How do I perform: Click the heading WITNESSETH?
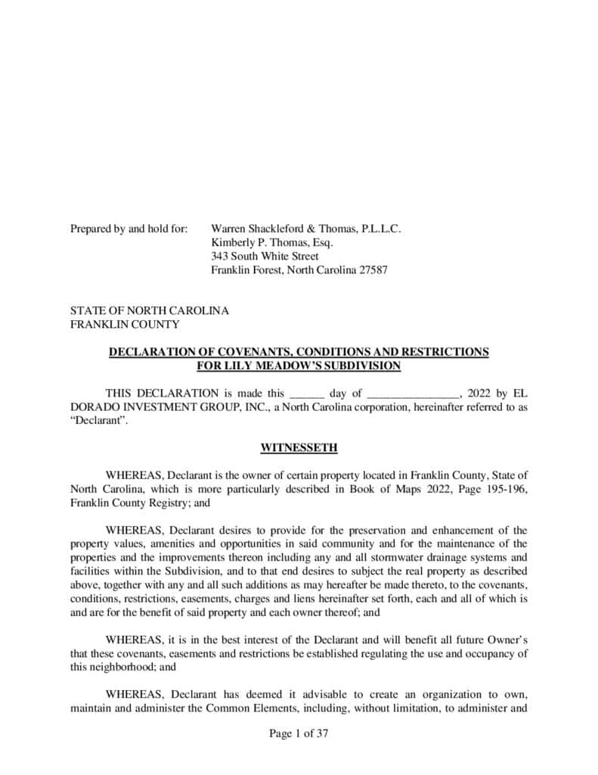tap(299, 448)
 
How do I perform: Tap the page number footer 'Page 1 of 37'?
tap(299, 733)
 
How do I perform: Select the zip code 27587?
tap(372, 270)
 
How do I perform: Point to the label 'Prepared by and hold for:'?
tap(129, 228)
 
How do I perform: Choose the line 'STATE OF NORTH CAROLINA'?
tap(150, 310)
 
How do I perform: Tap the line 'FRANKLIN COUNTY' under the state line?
tap(125, 325)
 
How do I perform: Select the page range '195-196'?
tap(498, 488)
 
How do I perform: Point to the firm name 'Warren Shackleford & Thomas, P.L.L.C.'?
tap(305, 228)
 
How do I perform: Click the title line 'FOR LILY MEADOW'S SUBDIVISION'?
tap(299, 366)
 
